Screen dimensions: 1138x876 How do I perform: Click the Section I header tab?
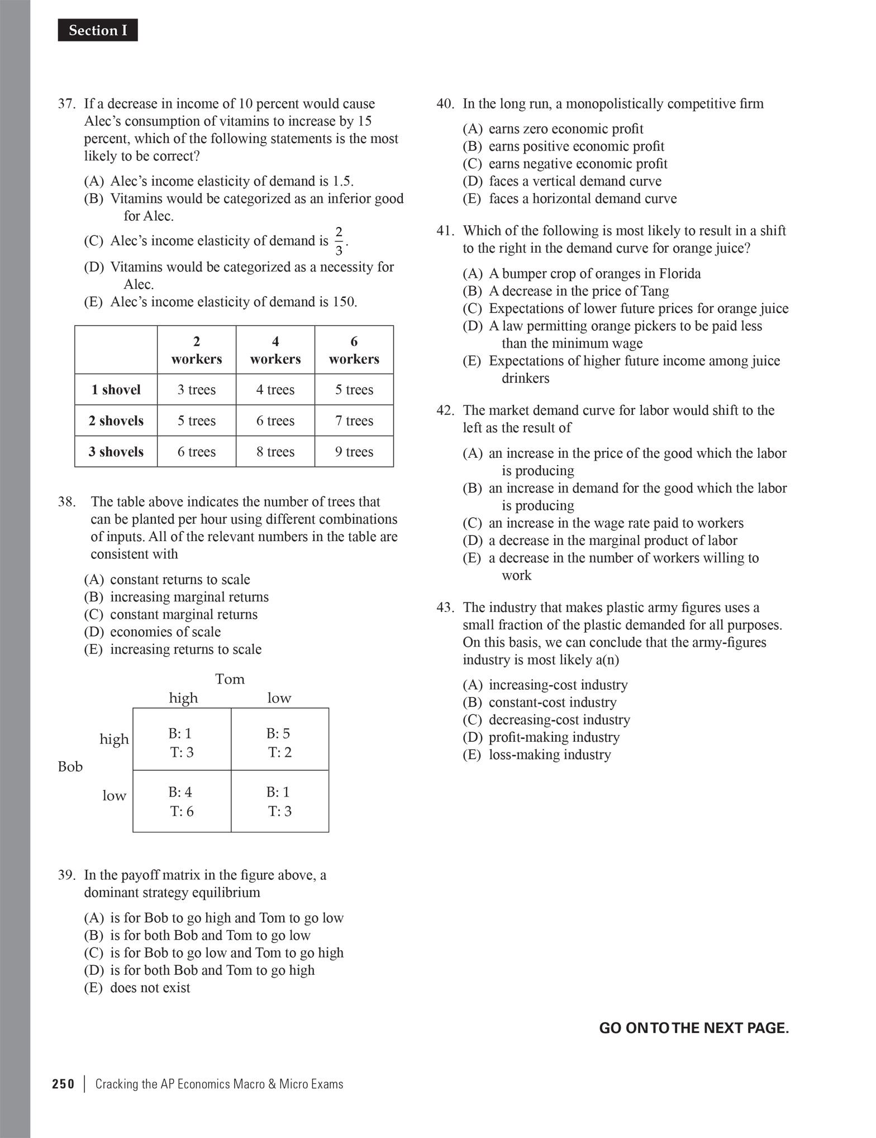click(98, 31)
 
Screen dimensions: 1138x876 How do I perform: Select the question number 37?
click(66, 104)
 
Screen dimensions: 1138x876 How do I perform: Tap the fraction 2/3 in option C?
click(339, 241)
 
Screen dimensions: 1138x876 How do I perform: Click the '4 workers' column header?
click(275, 350)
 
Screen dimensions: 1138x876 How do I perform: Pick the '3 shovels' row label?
click(116, 452)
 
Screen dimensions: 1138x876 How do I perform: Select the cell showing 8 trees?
click(275, 452)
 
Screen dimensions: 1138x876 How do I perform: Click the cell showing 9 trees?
click(354, 452)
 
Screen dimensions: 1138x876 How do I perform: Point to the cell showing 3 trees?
click(197, 390)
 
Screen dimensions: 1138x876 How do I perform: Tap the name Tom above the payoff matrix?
click(230, 679)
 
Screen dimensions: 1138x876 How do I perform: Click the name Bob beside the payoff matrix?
click(70, 767)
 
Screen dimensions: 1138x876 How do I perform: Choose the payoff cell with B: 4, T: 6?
click(182, 802)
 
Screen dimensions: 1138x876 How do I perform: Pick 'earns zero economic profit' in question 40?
click(565, 129)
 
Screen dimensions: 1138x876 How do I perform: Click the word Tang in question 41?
click(655, 291)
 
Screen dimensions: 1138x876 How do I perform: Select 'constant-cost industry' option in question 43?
click(553, 703)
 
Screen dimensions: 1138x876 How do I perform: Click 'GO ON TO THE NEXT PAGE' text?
click(694, 1028)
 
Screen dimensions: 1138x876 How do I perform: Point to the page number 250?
click(63, 1084)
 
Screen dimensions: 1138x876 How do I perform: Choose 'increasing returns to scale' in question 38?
click(185, 649)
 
